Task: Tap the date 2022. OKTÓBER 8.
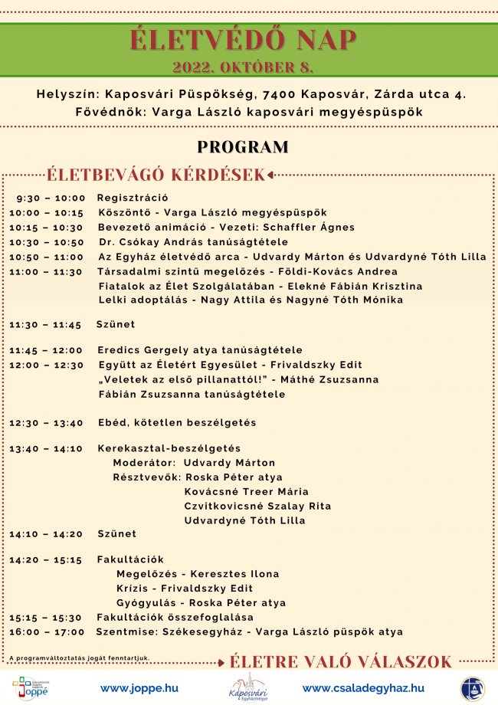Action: [x=244, y=67]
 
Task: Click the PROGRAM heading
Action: [x=243, y=147]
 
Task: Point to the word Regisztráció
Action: [x=133, y=198]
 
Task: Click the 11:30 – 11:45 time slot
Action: [x=45, y=325]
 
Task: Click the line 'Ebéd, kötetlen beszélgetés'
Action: [x=177, y=423]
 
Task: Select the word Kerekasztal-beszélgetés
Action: [x=169, y=448]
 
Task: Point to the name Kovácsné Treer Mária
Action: [x=247, y=492]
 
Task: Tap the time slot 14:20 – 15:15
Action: [x=45, y=560]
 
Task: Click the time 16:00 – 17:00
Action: [x=47, y=632]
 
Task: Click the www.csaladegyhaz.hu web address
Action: [x=363, y=688]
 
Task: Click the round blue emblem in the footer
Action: [x=472, y=688]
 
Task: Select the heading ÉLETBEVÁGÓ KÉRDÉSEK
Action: [x=156, y=175]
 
